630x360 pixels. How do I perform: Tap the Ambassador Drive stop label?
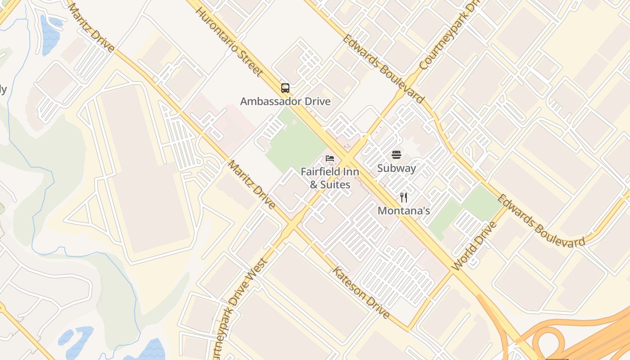(x=285, y=101)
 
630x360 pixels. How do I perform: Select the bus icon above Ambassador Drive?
(x=285, y=88)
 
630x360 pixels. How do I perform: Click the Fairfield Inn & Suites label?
(x=330, y=178)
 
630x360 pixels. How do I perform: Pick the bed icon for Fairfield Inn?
(x=330, y=158)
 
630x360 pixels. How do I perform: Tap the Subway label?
(x=396, y=168)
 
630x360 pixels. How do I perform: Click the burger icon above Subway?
(x=396, y=155)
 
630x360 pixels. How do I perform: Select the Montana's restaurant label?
(x=404, y=211)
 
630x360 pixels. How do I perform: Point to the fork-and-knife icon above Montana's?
(x=404, y=197)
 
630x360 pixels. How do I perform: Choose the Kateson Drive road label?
(x=361, y=292)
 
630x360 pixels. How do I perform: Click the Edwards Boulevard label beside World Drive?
(x=542, y=220)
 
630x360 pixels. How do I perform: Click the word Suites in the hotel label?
(x=335, y=184)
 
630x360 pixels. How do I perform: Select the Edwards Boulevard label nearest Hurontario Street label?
(x=383, y=67)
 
